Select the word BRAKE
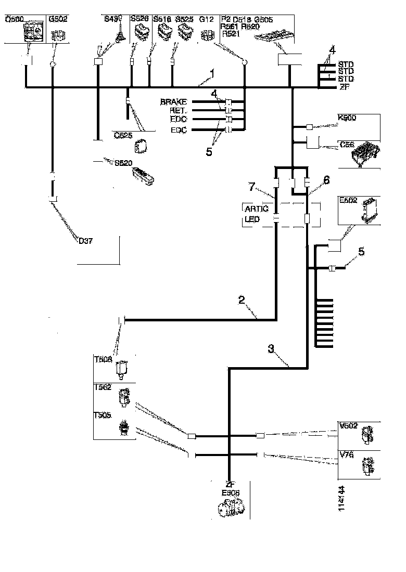[x=173, y=102]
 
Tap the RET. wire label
[x=177, y=111]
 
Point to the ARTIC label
[x=256, y=209]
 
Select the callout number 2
[x=242, y=300]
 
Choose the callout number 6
[x=327, y=180]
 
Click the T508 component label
[x=103, y=359]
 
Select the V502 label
[x=348, y=426]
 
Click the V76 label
[x=346, y=454]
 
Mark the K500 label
[x=347, y=118]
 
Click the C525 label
[x=123, y=135]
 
